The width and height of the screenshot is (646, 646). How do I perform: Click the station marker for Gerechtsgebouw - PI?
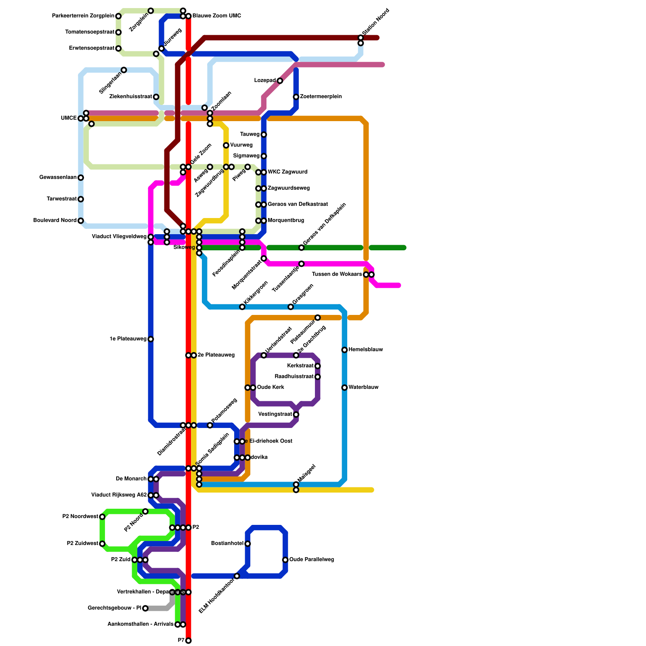[x=145, y=608]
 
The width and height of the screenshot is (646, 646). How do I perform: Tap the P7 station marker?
[x=189, y=641]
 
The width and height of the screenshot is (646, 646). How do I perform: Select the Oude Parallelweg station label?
[x=311, y=560]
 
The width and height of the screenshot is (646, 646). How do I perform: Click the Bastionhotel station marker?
[x=247, y=544]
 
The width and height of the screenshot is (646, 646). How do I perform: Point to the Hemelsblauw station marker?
[x=344, y=350]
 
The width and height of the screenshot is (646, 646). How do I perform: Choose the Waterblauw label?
[x=363, y=388]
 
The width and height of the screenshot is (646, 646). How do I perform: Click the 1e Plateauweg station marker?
[x=151, y=339]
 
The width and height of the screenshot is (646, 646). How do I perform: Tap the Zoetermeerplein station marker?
[x=296, y=97]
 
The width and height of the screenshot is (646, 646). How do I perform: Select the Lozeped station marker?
[x=280, y=81]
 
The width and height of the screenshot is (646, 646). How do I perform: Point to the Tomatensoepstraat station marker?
[x=118, y=32]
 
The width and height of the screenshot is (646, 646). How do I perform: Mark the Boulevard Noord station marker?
[x=81, y=221]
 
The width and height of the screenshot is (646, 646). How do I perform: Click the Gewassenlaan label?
[x=58, y=178]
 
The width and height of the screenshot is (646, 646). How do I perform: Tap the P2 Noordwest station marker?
[x=102, y=517]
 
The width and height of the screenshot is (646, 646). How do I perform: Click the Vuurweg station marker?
[x=226, y=145]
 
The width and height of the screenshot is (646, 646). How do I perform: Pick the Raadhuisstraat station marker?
[x=318, y=377]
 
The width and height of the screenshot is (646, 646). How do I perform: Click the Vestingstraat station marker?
[x=296, y=415]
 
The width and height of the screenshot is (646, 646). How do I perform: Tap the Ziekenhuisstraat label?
[x=131, y=97]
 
